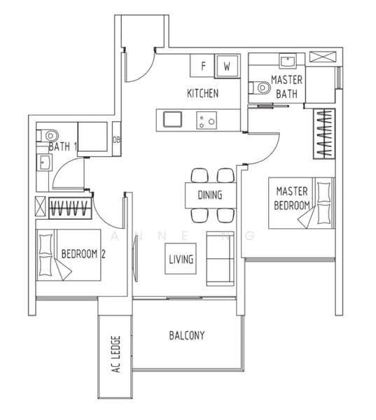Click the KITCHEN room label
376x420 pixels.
pos(202,94)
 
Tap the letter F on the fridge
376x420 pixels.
pos(204,66)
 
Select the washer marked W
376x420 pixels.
pos(227,66)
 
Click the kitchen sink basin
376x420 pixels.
pos(172,120)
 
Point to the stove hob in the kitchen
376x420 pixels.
pos(207,120)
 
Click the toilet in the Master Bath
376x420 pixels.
pos(259,87)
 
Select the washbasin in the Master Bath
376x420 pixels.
pos(287,61)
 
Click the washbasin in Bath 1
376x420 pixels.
pos(45,162)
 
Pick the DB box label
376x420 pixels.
pos(116,139)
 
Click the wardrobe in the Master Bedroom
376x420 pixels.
pos(324,134)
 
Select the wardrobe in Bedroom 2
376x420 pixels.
pos(70,208)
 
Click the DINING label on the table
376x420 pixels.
pos(210,195)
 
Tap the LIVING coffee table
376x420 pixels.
pos(181,259)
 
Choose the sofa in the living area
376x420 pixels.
pos(221,259)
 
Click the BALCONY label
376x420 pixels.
pos(187,335)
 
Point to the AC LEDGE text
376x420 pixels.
pos(116,354)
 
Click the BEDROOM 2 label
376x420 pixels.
pos(83,253)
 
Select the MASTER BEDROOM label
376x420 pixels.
pos(291,198)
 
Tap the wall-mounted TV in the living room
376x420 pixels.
pos(135,259)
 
